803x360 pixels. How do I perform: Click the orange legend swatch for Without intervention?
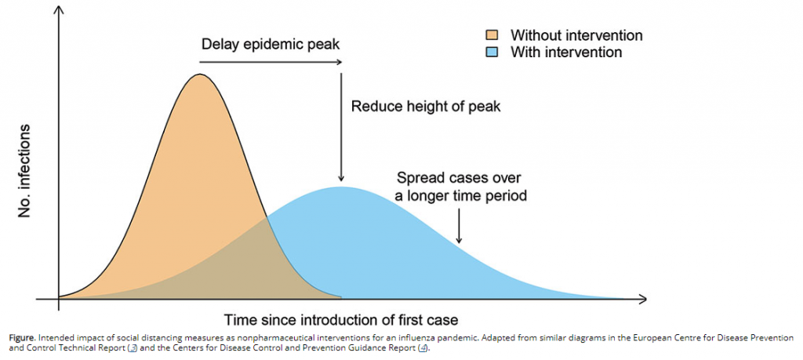492,35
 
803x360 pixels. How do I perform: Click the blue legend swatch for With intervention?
492,52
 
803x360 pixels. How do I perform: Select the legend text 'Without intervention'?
576,35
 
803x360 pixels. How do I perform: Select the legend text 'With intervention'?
566,52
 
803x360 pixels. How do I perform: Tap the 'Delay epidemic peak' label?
271,45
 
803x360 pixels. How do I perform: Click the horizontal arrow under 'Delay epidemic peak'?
271,62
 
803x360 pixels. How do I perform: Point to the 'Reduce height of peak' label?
425,107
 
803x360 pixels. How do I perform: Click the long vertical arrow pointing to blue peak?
340,127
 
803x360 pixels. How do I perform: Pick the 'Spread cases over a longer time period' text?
462,187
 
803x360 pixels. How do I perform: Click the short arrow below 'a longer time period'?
459,226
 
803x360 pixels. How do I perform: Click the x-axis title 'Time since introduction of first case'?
340,319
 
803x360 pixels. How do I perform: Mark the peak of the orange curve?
199,75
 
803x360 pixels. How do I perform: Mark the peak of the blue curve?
340,187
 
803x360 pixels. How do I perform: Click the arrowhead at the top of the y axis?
59,9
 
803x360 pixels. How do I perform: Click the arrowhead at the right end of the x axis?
643,298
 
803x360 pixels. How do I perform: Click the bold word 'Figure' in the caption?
22,338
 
